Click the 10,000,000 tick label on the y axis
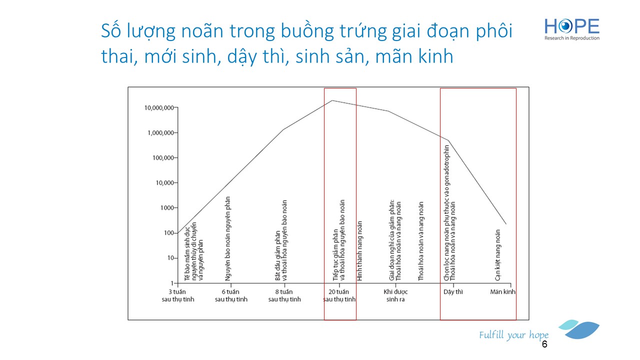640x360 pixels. click(159, 108)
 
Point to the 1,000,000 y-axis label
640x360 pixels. click(160, 133)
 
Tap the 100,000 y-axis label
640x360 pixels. click(163, 157)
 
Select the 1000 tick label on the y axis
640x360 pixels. click(167, 208)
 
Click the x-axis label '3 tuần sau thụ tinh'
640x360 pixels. click(177, 295)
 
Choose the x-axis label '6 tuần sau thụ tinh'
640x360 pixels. click(231, 295)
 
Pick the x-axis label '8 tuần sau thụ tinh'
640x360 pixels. click(284, 295)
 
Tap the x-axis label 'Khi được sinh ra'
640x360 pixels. click(395, 295)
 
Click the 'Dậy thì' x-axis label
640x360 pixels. click(453, 292)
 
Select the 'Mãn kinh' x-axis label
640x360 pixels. click(502, 291)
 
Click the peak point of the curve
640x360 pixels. click(332, 100)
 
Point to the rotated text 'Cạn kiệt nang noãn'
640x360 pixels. click(497, 255)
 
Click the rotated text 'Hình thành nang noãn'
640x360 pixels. click(359, 250)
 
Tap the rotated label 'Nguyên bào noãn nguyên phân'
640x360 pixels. click(227, 238)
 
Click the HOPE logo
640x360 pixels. click(571, 29)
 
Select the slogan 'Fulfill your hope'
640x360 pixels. click(513, 335)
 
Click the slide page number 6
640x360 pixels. click(544, 344)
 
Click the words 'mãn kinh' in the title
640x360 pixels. click(414, 56)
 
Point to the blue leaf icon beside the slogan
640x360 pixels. click(580, 329)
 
